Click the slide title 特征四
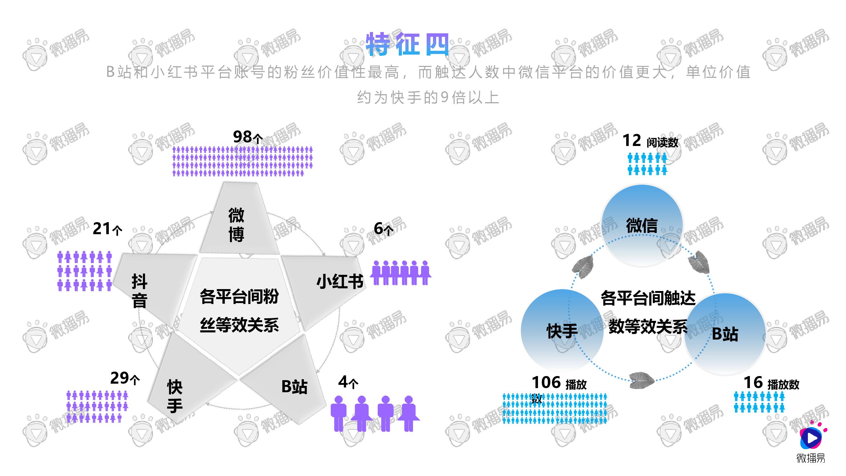click(408, 44)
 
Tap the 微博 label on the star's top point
click(236, 225)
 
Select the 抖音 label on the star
click(140, 291)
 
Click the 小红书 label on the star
click(340, 281)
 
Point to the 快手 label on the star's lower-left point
click(175, 396)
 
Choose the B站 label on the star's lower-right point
click(294, 387)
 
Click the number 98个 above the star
click(248, 137)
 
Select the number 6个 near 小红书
click(384, 228)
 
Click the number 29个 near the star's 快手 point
click(125, 378)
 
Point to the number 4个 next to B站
click(348, 382)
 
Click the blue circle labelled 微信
click(642, 225)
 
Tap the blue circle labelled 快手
click(562, 330)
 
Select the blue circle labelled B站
click(725, 334)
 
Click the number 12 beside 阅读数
click(632, 141)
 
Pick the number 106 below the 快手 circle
click(546, 382)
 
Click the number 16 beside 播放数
click(753, 383)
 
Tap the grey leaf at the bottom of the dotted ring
click(642, 380)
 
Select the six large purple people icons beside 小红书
click(401, 273)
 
